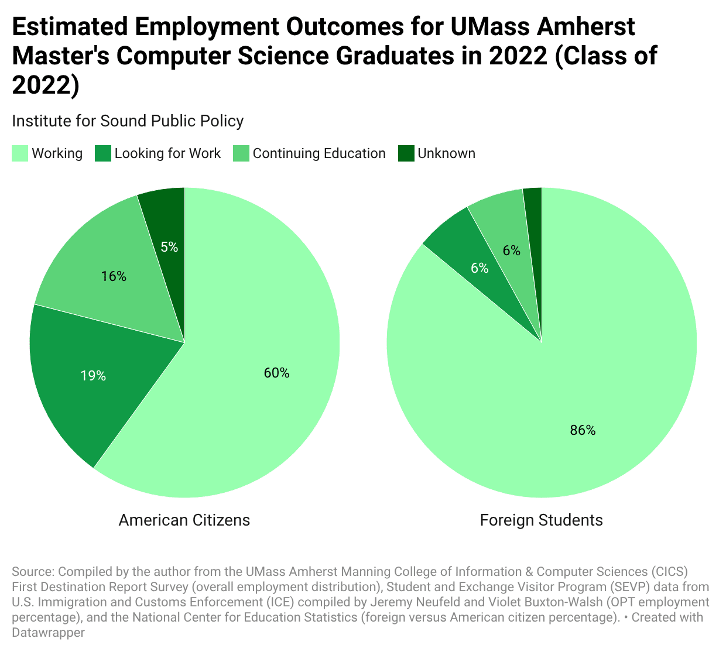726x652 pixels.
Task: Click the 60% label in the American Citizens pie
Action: click(x=276, y=373)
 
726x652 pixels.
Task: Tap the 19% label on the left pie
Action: click(x=93, y=376)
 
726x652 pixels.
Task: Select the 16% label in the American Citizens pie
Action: click(x=114, y=276)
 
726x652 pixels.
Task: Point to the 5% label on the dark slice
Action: click(x=169, y=247)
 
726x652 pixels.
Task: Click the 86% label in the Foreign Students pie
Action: click(x=583, y=430)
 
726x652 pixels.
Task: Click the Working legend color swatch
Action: click(x=20, y=154)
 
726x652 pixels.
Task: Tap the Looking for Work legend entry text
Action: click(x=167, y=153)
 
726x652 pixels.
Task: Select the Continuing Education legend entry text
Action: click(x=319, y=153)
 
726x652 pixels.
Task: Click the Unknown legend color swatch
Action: click(x=406, y=154)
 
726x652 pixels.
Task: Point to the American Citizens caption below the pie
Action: click(x=184, y=520)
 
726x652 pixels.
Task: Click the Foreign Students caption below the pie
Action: click(x=541, y=520)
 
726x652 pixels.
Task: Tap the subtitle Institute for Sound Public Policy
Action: click(x=128, y=121)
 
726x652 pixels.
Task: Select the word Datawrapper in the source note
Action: click(x=48, y=632)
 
